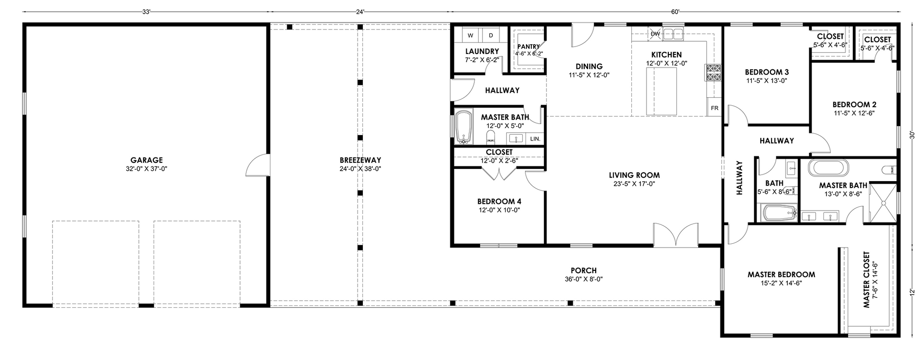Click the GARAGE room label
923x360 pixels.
[x=147, y=160]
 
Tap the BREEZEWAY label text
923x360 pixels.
[x=360, y=160]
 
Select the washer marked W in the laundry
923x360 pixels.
[x=471, y=35]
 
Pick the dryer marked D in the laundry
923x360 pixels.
[x=490, y=35]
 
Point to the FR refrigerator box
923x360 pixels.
[x=714, y=107]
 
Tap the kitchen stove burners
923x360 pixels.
[x=714, y=72]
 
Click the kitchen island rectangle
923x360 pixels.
[x=662, y=91]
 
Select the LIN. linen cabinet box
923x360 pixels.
[x=535, y=138]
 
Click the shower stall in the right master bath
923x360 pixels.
[x=883, y=203]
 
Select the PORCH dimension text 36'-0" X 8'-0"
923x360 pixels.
[x=583, y=279]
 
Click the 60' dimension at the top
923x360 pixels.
[x=675, y=12]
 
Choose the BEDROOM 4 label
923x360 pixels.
[x=499, y=201]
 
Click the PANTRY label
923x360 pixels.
[x=528, y=46]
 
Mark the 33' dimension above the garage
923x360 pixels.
[x=147, y=12]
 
